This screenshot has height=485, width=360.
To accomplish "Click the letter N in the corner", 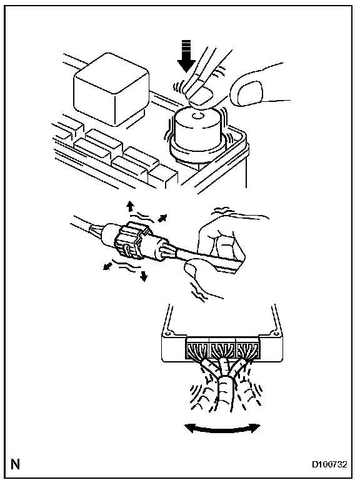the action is tap(15, 464).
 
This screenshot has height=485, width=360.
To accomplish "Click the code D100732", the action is tap(329, 464).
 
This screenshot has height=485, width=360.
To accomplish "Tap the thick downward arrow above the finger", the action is tap(186, 56).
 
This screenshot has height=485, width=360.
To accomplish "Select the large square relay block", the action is tap(111, 89).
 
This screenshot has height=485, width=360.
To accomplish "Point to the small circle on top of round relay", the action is tap(197, 116).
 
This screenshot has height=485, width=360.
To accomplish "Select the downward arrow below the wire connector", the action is tap(143, 276).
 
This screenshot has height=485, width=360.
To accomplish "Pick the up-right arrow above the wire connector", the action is tap(162, 218).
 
